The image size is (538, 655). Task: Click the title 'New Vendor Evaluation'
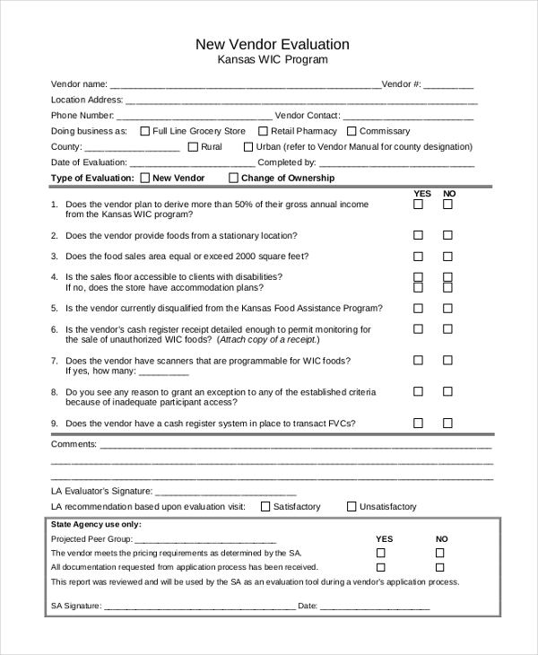[x=273, y=44]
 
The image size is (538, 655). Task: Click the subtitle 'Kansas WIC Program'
[x=273, y=60]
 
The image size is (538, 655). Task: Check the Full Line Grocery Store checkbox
[x=145, y=131]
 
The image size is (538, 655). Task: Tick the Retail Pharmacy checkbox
[x=263, y=131]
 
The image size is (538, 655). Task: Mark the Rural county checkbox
[x=193, y=146]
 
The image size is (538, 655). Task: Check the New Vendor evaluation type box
[x=145, y=178]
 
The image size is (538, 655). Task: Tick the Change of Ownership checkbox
[x=234, y=178]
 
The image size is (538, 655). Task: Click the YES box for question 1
[x=418, y=205]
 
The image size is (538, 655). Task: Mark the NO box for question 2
[x=447, y=235]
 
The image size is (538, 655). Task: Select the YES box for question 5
[x=418, y=308]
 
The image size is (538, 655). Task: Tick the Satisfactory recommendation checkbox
[x=265, y=506]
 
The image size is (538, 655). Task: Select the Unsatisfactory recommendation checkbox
[x=351, y=506]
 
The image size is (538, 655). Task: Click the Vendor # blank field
[x=448, y=84]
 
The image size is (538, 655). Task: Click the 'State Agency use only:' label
[x=96, y=524]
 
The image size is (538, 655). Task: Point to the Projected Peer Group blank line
[x=205, y=539]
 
